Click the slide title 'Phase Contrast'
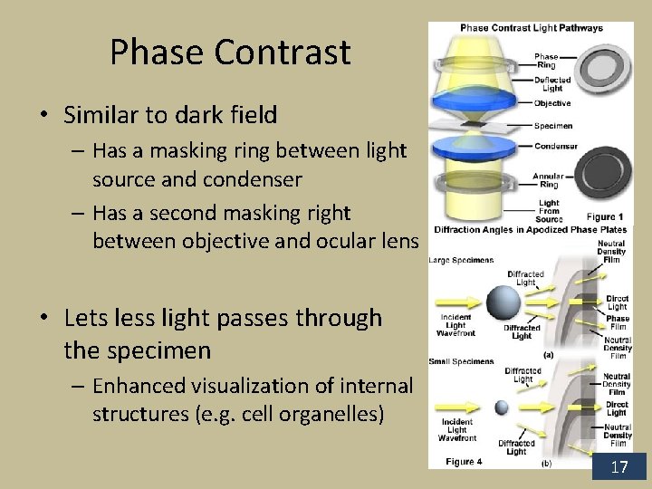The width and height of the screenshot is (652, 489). pos(230,53)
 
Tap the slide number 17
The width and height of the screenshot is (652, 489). pos(619,467)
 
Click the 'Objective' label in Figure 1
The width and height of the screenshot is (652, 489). pos(552,103)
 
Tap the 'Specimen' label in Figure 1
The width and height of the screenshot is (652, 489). pos(552,126)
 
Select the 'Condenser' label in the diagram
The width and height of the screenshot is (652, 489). pos(555,146)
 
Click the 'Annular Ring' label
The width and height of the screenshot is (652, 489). pos(548,180)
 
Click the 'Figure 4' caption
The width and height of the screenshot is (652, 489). pos(464,462)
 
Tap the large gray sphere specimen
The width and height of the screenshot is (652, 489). pos(503,302)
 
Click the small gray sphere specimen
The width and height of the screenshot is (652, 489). pos(501,407)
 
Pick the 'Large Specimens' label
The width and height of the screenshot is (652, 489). pos(461,261)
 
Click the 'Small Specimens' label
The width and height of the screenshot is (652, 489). pos(461,361)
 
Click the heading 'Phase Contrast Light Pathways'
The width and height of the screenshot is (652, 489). pos(532,28)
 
